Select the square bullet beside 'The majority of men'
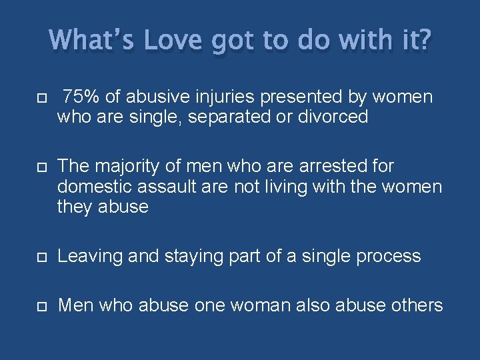point(41,167)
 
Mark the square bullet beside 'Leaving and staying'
point(41,257)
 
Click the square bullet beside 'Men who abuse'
point(41,306)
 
